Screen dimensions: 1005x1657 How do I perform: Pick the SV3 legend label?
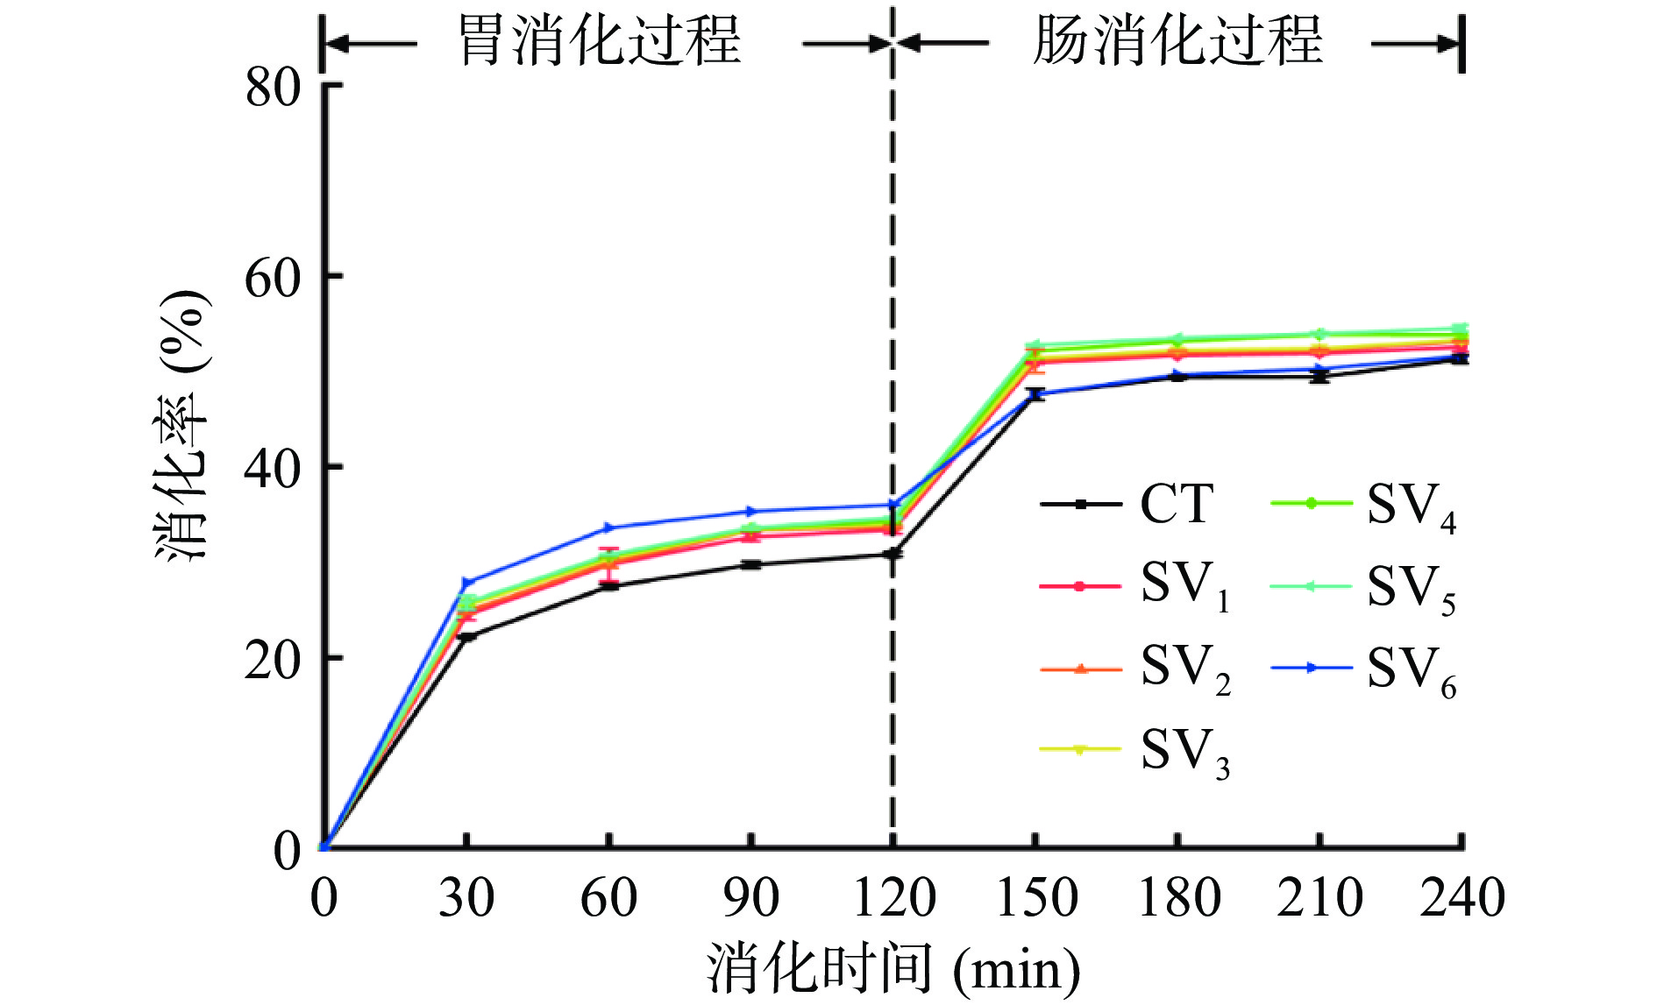tap(1184, 752)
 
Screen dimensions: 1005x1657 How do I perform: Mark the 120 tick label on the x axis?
tap(893, 898)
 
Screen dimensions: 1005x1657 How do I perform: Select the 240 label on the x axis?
tap(1461, 898)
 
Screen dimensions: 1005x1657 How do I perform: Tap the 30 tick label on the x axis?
tap(466, 898)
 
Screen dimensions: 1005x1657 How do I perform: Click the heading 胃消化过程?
tap(601, 40)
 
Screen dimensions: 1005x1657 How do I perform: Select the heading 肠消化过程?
tap(1177, 40)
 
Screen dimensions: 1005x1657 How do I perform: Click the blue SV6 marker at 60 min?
tap(608, 527)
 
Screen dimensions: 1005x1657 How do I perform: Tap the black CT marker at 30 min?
tap(466, 637)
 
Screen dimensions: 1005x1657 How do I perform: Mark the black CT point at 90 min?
tap(750, 565)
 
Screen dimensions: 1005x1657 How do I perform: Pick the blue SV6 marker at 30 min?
tap(466, 583)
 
